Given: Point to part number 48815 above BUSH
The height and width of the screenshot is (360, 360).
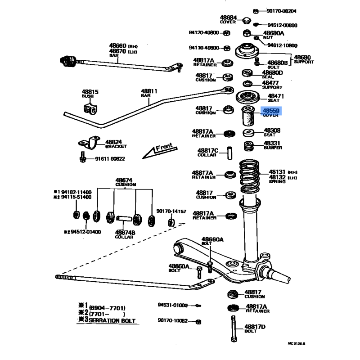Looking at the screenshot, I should tap(90, 92).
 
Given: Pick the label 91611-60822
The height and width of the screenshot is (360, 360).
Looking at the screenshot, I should tap(110, 158).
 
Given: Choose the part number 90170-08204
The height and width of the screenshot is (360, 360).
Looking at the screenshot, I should tap(281, 11).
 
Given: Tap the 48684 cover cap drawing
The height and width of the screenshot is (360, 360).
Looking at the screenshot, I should tap(246, 21).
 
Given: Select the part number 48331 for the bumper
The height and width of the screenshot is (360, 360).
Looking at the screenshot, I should tap(272, 143).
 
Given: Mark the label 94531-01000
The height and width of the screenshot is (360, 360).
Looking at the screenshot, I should tap(172, 305).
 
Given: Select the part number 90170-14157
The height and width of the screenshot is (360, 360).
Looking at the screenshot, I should tap(171, 211).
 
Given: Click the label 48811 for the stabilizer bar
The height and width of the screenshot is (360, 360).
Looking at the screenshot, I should tap(148, 91).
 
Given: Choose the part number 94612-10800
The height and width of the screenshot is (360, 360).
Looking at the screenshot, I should tap(282, 45).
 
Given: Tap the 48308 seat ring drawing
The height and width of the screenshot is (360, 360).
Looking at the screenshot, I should tap(248, 133).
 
